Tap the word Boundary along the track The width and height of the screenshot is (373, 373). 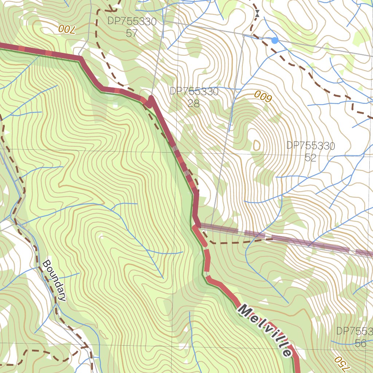click(x=54, y=280)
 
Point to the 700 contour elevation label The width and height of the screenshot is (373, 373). click(x=66, y=30)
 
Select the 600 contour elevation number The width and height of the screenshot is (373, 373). click(x=263, y=97)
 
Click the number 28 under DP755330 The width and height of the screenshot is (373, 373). click(x=194, y=103)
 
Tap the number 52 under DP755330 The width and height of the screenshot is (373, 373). click(x=310, y=158)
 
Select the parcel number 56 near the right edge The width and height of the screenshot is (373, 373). click(x=360, y=343)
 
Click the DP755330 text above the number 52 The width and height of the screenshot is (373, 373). click(x=310, y=146)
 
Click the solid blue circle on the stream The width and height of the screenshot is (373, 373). click(x=275, y=40)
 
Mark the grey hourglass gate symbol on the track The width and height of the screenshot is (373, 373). click(x=257, y=14)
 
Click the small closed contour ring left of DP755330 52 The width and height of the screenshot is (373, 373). click(x=257, y=145)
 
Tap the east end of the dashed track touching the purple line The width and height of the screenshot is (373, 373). click(x=271, y=239)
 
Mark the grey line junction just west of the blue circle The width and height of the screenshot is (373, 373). click(x=243, y=35)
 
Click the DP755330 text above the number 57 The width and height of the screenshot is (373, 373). click(x=131, y=21)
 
